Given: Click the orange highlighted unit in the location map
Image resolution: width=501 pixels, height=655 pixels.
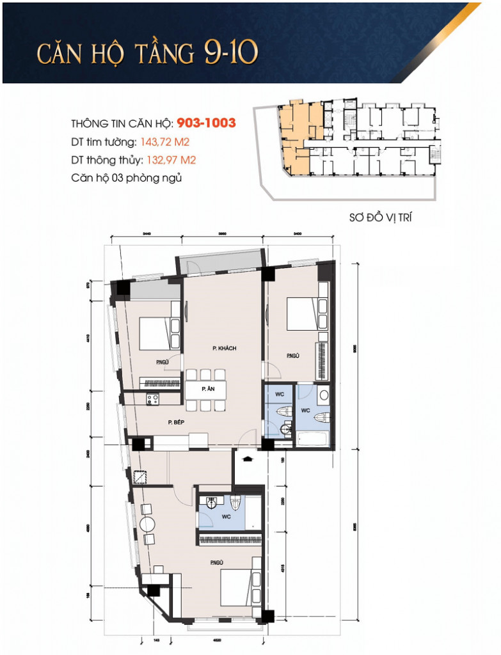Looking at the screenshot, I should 295,138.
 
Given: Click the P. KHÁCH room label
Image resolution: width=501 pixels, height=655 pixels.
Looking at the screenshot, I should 225,348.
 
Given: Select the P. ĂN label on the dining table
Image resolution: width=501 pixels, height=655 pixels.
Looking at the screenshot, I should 207,389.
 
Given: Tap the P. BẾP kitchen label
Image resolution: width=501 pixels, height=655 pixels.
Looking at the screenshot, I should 177,422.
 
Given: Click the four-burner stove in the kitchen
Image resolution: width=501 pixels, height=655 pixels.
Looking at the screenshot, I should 152,399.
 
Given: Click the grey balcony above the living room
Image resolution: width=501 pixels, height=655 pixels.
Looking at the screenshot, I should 220,262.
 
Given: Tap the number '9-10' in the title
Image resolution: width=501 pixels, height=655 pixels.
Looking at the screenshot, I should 231,53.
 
